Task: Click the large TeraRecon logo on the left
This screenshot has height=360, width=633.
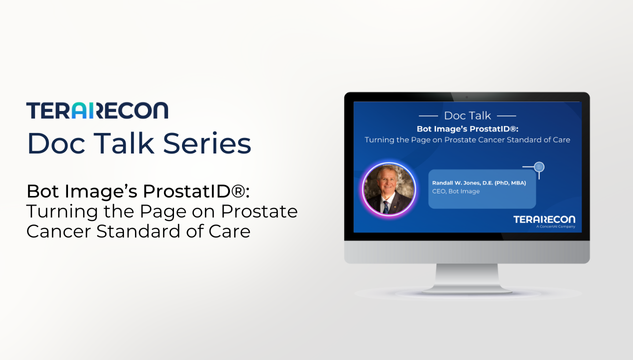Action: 97,110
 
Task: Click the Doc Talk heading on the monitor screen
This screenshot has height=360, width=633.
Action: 466,116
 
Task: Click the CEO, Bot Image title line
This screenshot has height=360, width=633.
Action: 451,195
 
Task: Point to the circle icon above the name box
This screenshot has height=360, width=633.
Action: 539,166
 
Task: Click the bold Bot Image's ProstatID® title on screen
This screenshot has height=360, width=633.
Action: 466,130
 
